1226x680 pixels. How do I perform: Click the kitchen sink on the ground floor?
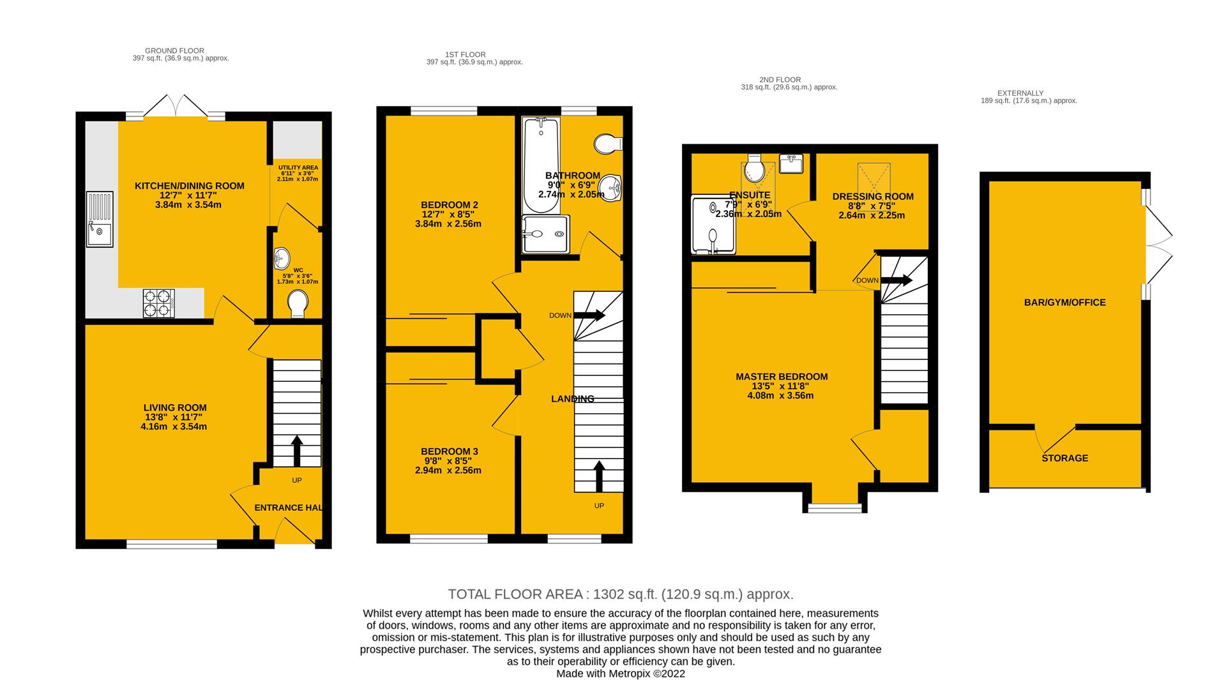(x=100, y=219)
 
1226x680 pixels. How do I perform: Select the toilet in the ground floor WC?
(x=298, y=304)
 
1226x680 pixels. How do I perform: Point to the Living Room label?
(x=175, y=407)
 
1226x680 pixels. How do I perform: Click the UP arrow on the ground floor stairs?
(x=297, y=451)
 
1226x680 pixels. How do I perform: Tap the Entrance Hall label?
(x=288, y=508)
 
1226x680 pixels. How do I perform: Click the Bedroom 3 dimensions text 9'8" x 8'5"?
(x=448, y=460)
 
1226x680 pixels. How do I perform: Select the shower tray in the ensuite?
(x=713, y=224)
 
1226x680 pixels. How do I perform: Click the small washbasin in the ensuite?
(x=791, y=163)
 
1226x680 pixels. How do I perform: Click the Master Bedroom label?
(x=782, y=377)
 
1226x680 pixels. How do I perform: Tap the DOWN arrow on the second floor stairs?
(x=897, y=280)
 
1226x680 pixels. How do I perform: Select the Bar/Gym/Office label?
(x=1064, y=303)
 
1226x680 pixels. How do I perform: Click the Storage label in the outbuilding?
(x=1064, y=458)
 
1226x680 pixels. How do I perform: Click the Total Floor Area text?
(x=621, y=594)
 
